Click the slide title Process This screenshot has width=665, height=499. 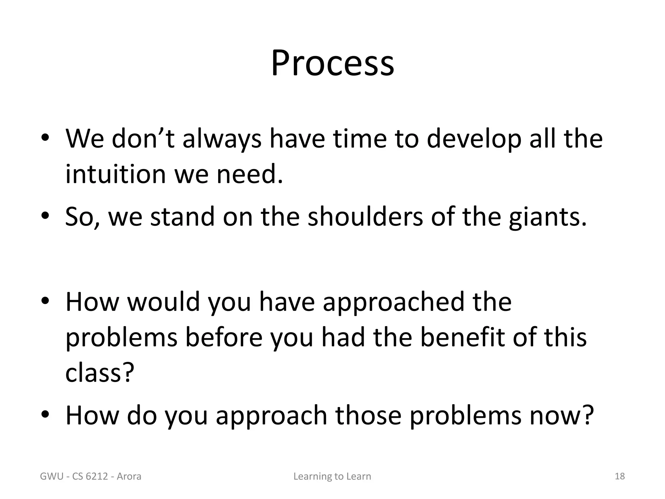(x=332, y=63)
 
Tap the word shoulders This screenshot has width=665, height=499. (x=365, y=217)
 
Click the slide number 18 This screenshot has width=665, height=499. (x=620, y=476)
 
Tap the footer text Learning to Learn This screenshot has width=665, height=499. (x=332, y=477)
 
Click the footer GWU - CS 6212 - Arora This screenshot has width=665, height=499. (x=91, y=477)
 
